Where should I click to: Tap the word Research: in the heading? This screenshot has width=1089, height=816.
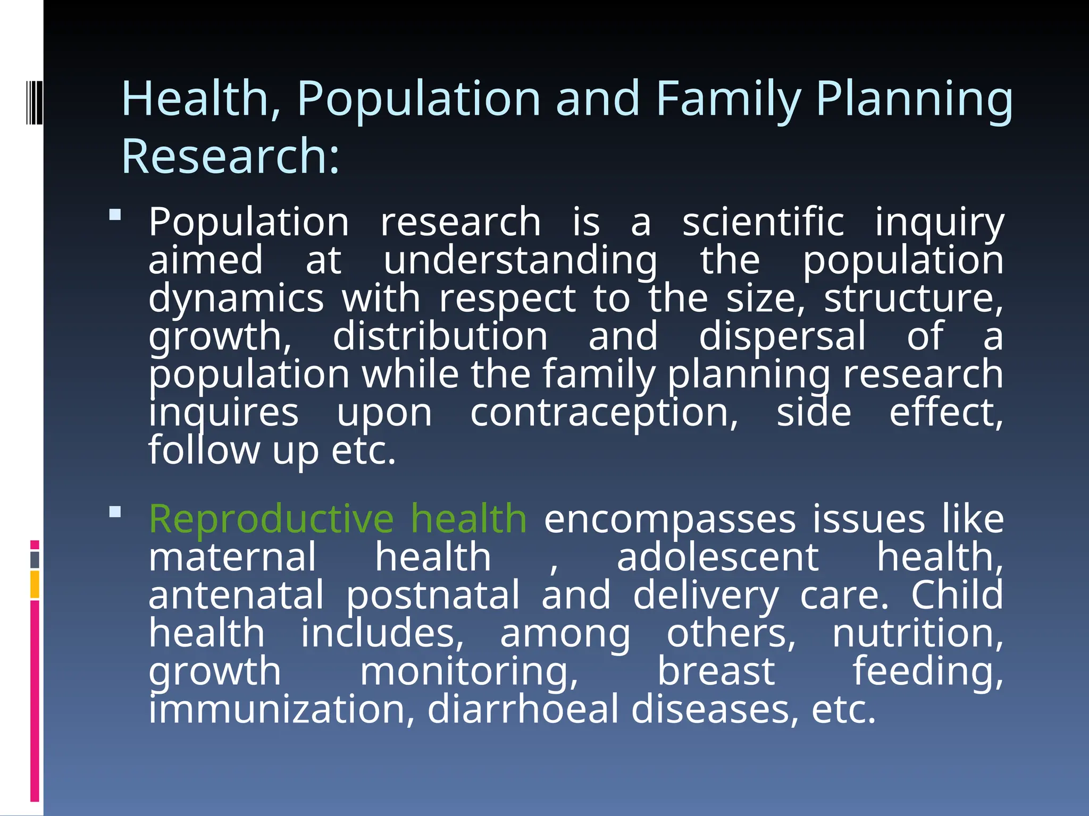(x=230, y=156)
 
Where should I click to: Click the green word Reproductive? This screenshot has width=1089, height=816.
(x=271, y=520)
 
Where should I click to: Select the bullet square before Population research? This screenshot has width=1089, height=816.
(x=115, y=215)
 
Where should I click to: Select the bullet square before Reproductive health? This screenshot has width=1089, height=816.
(x=115, y=512)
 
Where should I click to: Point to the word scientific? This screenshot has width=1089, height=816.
(x=763, y=222)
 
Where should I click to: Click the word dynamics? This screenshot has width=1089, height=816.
(x=236, y=299)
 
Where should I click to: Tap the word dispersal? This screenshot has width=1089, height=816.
(x=782, y=336)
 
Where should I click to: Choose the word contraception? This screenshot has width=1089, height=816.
(x=604, y=413)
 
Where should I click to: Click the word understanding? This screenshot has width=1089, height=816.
(x=520, y=261)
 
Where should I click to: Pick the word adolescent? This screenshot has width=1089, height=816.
(x=717, y=557)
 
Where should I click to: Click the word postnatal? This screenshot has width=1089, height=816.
(x=433, y=596)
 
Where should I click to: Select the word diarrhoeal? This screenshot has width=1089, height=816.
(x=523, y=710)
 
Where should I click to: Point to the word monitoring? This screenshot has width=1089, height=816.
(x=468, y=672)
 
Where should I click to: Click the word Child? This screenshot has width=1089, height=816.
(x=957, y=595)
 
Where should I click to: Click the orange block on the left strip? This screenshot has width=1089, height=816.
(x=35, y=584)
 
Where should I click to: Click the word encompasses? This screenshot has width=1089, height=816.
(x=669, y=520)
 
